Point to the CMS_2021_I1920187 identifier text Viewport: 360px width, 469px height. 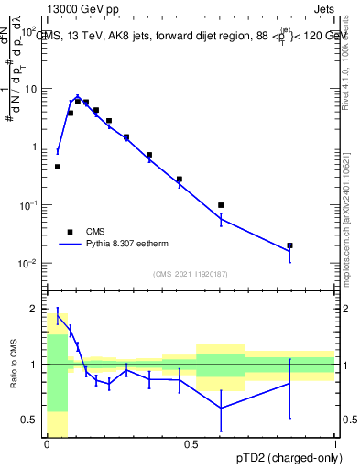[x=191, y=273]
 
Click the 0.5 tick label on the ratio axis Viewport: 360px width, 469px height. [x=33, y=420]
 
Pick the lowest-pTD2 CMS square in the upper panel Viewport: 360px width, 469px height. [x=58, y=167]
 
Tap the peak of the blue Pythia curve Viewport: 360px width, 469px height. [x=78, y=96]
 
